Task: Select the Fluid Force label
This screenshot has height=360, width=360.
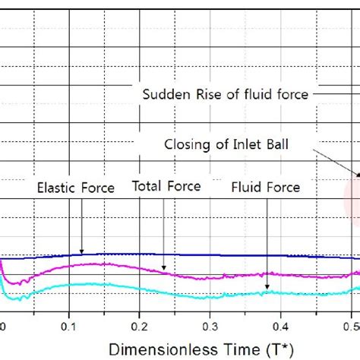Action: point(266,187)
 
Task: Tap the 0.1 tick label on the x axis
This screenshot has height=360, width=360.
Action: point(69,326)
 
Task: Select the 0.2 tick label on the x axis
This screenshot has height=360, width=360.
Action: point(139,326)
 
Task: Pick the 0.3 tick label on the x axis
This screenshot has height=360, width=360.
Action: point(210,326)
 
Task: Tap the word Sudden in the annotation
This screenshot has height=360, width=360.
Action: point(162,94)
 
